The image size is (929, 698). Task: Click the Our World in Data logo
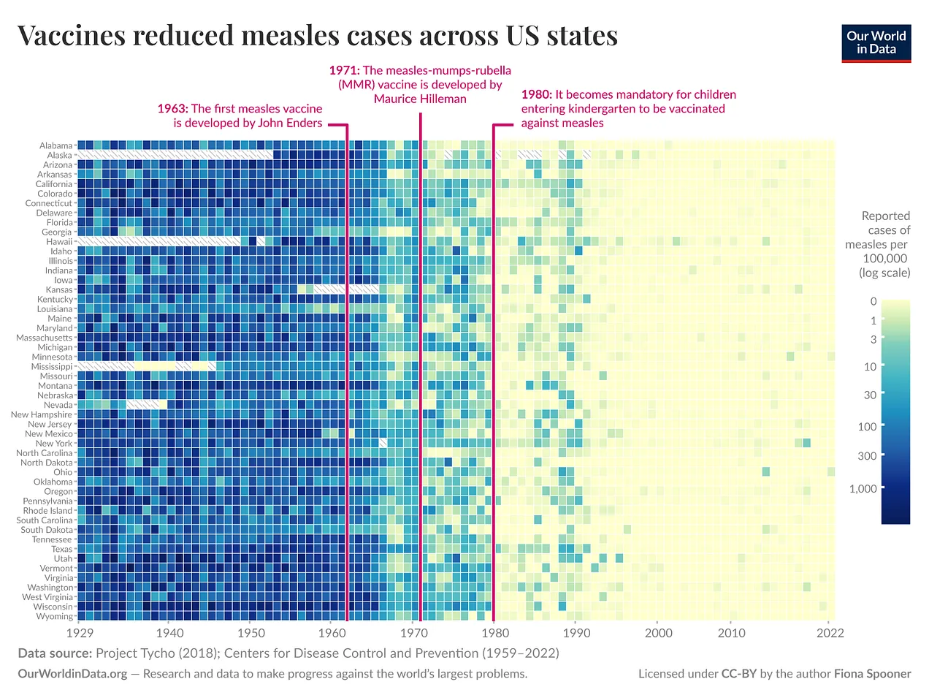click(x=876, y=42)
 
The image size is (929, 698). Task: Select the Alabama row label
click(x=56, y=145)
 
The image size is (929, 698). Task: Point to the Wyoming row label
click(x=55, y=616)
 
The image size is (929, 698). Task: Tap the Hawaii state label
click(x=59, y=242)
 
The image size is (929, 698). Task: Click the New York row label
click(x=54, y=444)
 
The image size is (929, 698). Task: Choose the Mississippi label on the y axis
click(x=52, y=367)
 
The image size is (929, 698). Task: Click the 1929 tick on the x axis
click(x=80, y=633)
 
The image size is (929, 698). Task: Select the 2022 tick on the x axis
click(x=830, y=633)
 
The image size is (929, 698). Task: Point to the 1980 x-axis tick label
click(x=494, y=633)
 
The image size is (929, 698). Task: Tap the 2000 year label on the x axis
click(x=658, y=633)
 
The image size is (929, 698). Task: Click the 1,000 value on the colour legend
click(x=863, y=489)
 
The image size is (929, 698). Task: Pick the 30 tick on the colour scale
click(x=870, y=395)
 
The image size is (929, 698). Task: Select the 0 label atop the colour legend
click(x=873, y=301)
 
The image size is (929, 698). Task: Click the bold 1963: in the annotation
click(x=172, y=109)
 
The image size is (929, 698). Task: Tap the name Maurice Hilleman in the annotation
click(x=420, y=99)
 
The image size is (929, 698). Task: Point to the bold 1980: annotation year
click(x=536, y=94)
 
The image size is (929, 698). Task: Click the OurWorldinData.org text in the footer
click(x=72, y=674)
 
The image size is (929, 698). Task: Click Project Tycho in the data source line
click(x=131, y=653)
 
